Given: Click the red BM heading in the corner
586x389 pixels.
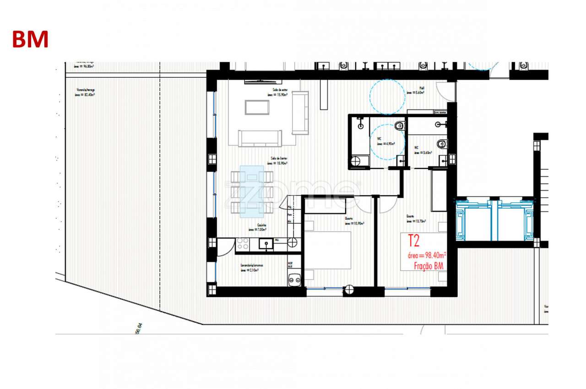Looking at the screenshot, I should [x=30, y=39].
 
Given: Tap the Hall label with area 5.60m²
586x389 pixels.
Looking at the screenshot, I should [x=415, y=90].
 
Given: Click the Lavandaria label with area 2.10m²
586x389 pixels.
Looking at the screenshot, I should [x=251, y=268].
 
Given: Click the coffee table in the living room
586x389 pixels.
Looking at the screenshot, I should [x=257, y=107].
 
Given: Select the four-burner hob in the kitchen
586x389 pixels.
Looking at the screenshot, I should [x=242, y=244].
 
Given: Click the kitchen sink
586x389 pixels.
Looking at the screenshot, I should [x=265, y=244].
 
